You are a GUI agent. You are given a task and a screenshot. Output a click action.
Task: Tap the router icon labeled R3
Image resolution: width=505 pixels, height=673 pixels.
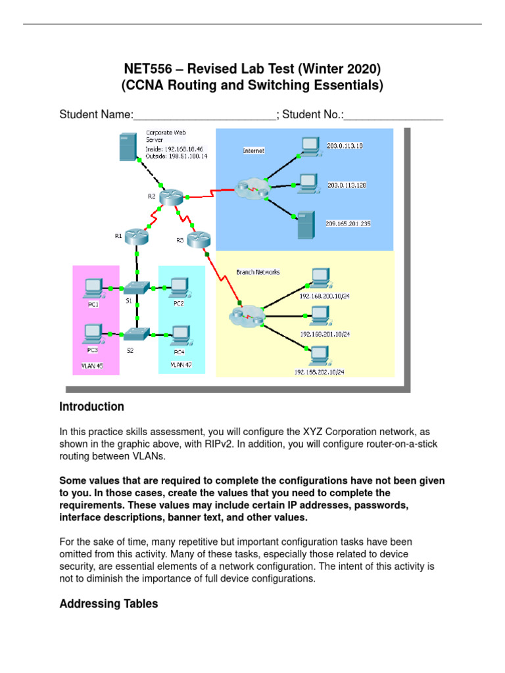coord(197,241)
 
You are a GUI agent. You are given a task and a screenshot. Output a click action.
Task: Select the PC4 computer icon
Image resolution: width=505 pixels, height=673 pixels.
coord(179,335)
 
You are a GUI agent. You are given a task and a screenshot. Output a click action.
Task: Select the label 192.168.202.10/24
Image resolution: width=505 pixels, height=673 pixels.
coord(319,372)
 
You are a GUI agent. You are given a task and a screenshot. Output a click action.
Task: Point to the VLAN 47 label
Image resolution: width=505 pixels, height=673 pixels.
coord(181,365)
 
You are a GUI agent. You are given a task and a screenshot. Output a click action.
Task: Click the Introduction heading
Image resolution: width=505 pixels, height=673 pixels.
coord(91,407)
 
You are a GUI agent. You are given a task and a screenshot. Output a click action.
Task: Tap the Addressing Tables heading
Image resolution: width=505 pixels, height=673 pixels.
coord(108,603)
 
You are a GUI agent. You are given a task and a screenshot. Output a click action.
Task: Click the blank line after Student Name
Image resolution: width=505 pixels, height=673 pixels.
coord(204,115)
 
